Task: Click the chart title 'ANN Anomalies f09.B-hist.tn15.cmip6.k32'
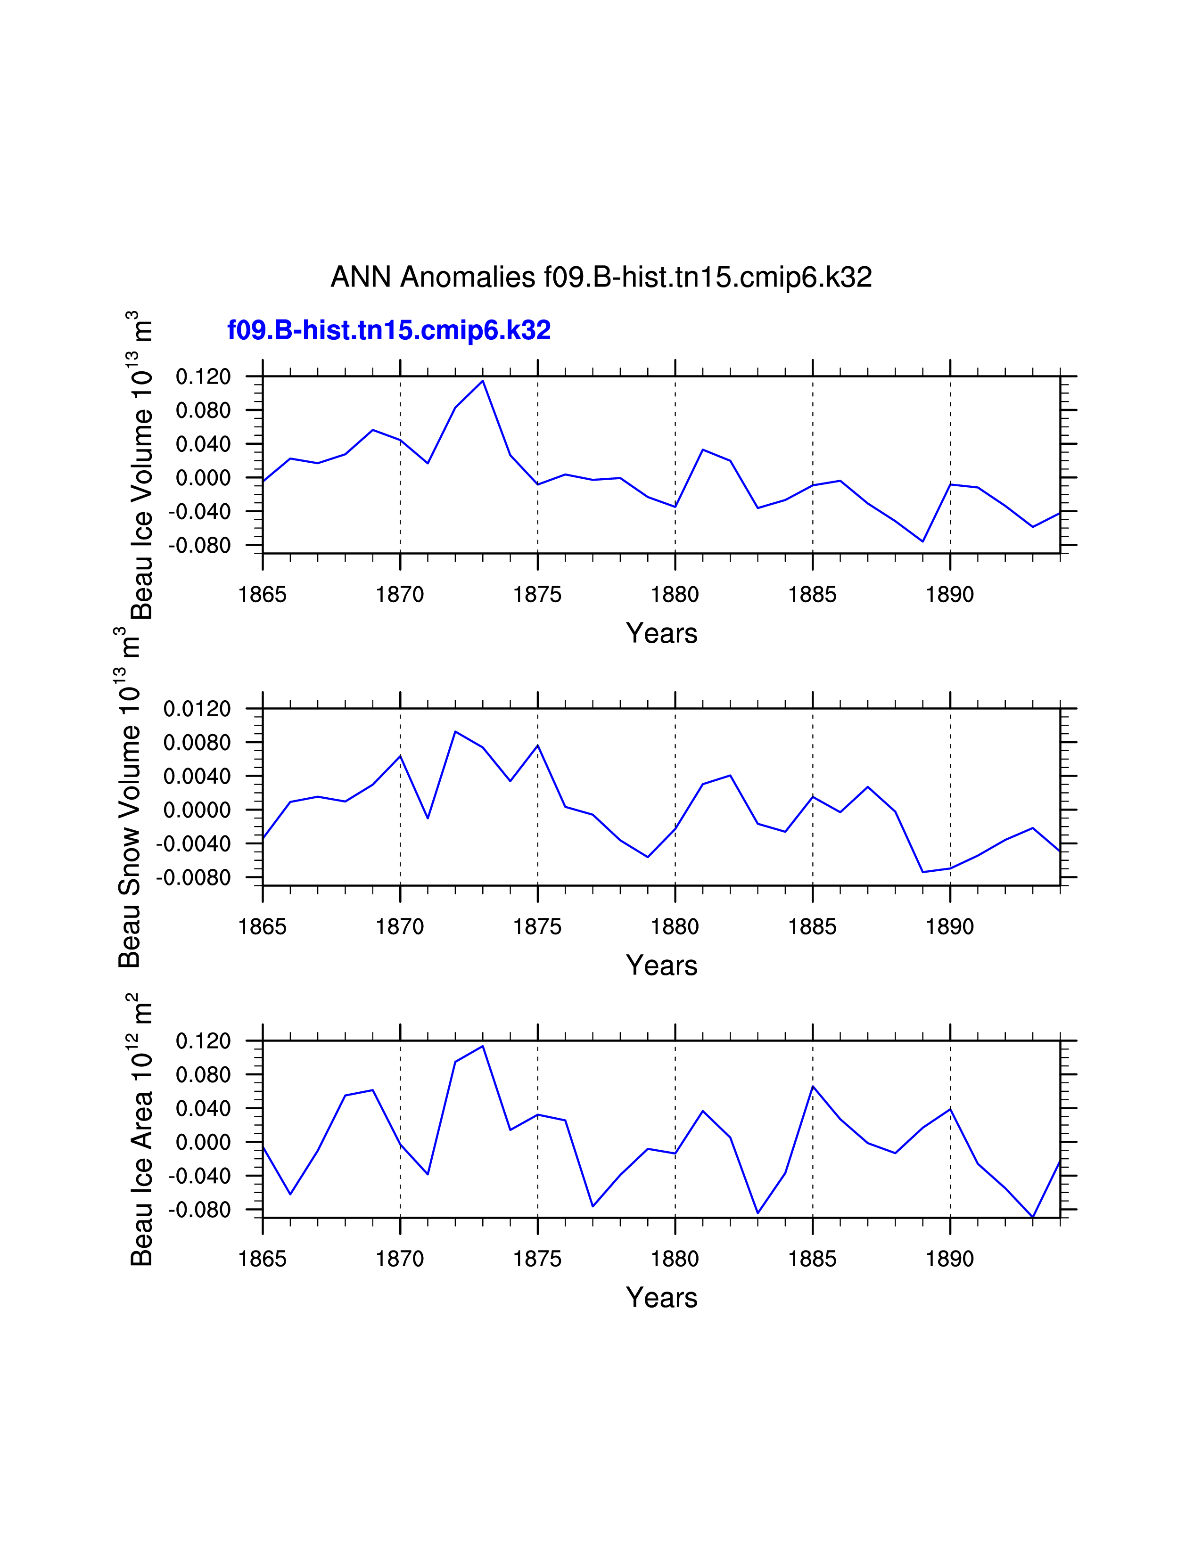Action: pyautogui.click(x=601, y=277)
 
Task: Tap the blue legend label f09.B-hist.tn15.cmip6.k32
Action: pyautogui.click(x=389, y=330)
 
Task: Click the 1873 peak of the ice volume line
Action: pyautogui.click(x=483, y=381)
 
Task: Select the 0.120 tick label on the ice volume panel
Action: pyautogui.click(x=204, y=376)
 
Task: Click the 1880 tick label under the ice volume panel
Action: pyautogui.click(x=675, y=595)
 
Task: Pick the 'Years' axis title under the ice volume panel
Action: pyautogui.click(x=661, y=633)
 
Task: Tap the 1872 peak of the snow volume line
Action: pyautogui.click(x=456, y=731)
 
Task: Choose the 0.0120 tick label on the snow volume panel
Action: pyautogui.click(x=197, y=709)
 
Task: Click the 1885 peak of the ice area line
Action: pyautogui.click(x=813, y=1087)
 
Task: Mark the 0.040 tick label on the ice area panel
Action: pyautogui.click(x=204, y=1109)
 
